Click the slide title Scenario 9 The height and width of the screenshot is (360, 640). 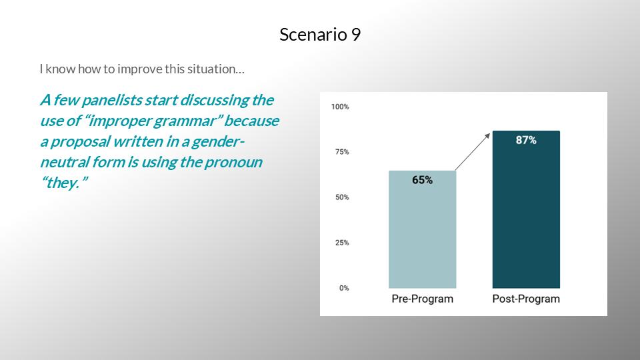click(x=320, y=35)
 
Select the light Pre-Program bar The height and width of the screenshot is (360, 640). click(x=422, y=229)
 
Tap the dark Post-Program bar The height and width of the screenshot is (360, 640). click(x=526, y=209)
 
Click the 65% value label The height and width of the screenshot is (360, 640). click(x=422, y=180)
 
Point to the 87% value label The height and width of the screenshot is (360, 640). click(x=526, y=141)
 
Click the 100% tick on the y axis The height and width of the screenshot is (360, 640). click(x=340, y=107)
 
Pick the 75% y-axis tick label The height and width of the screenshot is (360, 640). click(x=342, y=152)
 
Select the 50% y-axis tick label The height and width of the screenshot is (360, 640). click(x=342, y=197)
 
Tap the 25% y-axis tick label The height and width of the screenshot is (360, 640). click(x=342, y=243)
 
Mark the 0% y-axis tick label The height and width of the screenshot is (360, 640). click(x=344, y=288)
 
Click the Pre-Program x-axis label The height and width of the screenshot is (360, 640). click(x=423, y=299)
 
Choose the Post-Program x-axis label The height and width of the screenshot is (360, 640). click(x=526, y=299)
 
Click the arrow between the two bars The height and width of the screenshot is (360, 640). click(x=472, y=152)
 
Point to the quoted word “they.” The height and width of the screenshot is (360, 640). click(x=64, y=183)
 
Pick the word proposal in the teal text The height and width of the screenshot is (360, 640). click(x=81, y=142)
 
